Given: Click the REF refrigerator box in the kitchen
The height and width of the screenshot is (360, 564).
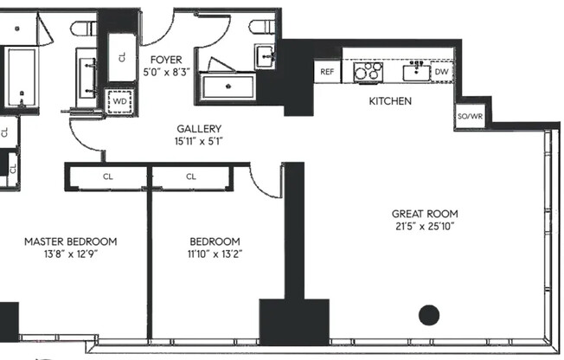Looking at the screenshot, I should tap(327, 72).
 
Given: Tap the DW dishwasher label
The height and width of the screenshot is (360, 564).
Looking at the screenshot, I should tap(441, 72).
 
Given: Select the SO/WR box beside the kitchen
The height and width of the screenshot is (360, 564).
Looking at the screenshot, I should tap(468, 117).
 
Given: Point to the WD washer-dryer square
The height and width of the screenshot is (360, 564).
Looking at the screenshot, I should tap(117, 100).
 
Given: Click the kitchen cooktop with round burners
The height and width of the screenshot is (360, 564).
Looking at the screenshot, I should tap(368, 72).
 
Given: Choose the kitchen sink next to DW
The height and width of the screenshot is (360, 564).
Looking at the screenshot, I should tap(417, 69).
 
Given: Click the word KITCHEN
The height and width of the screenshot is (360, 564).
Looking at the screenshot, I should tap(390, 101).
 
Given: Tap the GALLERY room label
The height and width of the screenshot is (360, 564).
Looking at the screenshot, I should tap(199, 128).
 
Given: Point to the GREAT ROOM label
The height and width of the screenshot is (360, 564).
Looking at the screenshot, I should tap(425, 214).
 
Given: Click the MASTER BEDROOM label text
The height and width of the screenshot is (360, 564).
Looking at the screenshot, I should tap(70, 241).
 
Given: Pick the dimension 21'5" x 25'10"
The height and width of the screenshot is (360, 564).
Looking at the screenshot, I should tap(425, 227).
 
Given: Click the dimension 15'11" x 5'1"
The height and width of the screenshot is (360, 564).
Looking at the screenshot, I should tap(199, 142).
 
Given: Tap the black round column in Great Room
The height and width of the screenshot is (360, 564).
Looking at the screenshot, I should tap(429, 314).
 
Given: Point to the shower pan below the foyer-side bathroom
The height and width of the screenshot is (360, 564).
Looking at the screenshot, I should tap(228, 87).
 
